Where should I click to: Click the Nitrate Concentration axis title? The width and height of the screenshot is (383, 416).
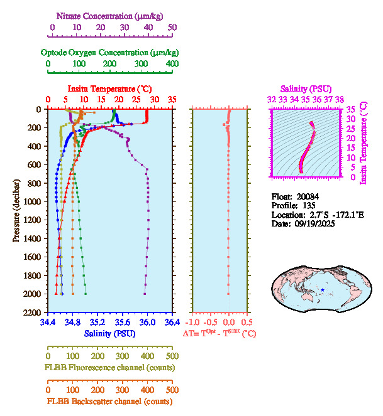[113, 14]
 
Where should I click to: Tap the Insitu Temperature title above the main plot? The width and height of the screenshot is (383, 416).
[109, 89]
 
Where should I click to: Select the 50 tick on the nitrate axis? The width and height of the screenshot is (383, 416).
[172, 28]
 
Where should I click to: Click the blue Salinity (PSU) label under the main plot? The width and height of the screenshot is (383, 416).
[109, 333]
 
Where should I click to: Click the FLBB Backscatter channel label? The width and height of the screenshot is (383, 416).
[109, 401]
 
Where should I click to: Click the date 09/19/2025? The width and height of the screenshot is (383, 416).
[315, 223]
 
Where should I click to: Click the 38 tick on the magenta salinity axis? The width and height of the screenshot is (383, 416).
[340, 99]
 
